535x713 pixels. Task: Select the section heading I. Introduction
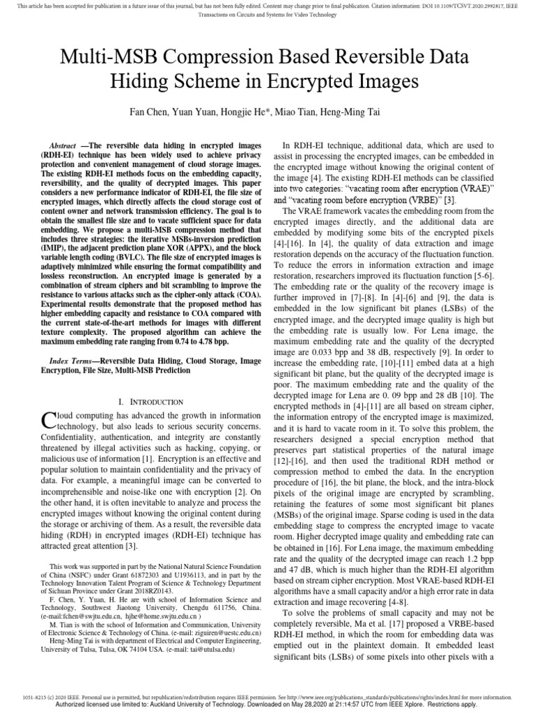click(x=150, y=402)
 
